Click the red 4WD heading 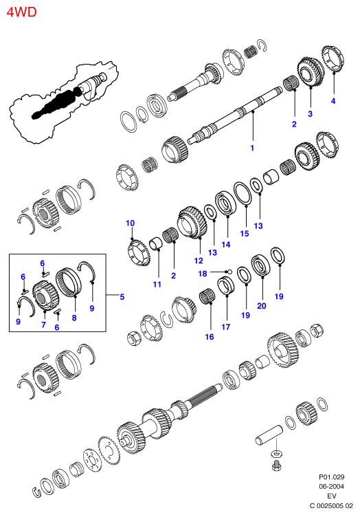point(22,12)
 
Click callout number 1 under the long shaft point(252,148)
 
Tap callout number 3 point(310,114)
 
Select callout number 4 point(333,101)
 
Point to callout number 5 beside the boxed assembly point(122,297)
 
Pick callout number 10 point(131,223)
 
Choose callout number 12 point(199,261)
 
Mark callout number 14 point(226,245)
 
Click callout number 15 point(245,234)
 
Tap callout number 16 point(210,337)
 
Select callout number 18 point(203,274)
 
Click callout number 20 point(262,306)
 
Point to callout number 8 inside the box point(74,318)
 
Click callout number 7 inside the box point(44,325)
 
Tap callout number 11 point(157,285)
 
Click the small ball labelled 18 point(229,272)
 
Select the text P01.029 point(332,477)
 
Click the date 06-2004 point(332,486)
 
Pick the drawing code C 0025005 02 point(331,506)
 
